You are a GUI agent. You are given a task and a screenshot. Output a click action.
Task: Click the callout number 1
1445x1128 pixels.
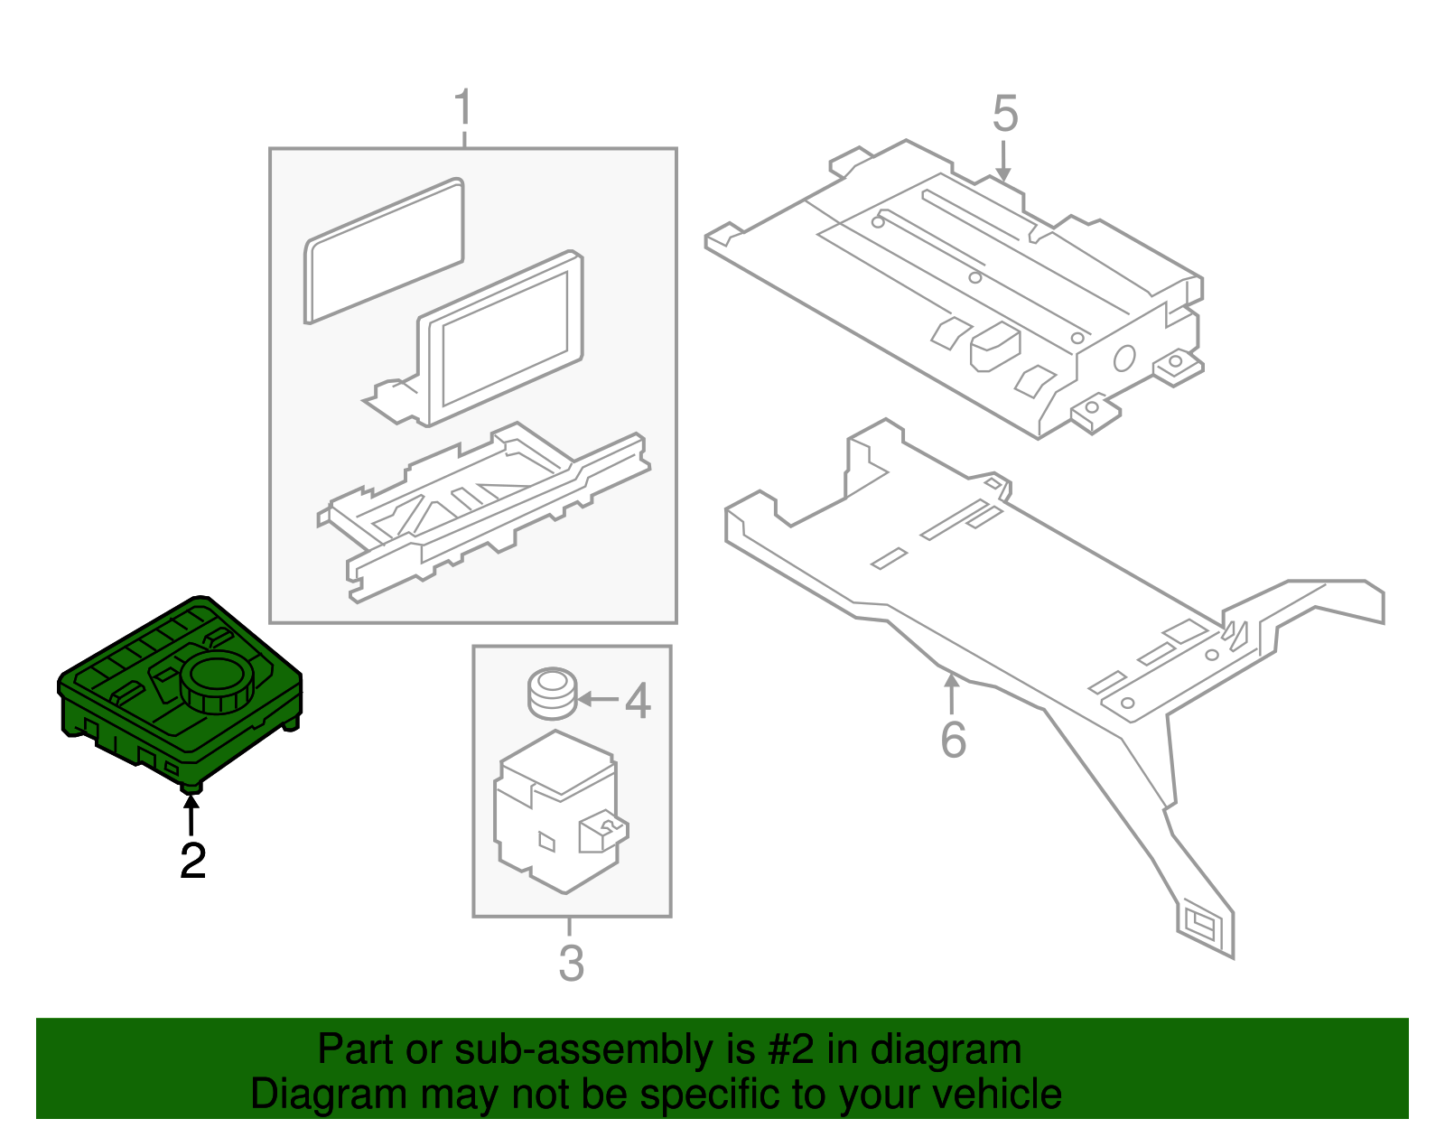tap(462, 109)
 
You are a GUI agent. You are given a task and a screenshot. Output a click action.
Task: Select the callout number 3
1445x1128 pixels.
tap(571, 963)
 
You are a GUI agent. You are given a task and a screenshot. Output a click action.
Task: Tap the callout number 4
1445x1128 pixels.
tap(638, 701)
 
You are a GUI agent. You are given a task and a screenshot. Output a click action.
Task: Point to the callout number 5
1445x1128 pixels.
tap(1004, 115)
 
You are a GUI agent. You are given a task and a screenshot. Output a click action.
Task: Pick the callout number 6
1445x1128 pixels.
tap(953, 740)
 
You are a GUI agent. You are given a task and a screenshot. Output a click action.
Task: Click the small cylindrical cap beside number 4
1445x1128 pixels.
tap(552, 693)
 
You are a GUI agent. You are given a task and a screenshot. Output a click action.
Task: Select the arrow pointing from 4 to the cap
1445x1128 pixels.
tap(598, 699)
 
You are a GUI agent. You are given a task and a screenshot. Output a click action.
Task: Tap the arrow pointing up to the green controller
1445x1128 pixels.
tap(191, 814)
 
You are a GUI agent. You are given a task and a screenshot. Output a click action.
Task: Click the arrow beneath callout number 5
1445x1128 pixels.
tap(1002, 162)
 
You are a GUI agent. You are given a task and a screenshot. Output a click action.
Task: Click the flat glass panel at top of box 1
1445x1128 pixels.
tap(385, 251)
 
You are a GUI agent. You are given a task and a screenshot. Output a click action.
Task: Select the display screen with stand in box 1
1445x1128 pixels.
tap(502, 339)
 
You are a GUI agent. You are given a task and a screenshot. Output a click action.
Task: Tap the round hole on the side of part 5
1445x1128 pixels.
tap(1123, 359)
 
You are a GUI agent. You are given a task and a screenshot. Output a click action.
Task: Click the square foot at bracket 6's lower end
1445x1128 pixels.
tap(1204, 925)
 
